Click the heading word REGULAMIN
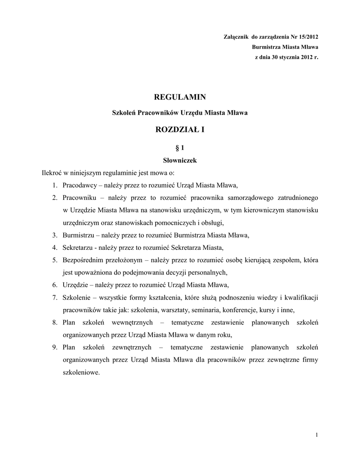pyautogui.click(x=180, y=97)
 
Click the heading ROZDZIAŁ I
pyautogui.click(x=180, y=130)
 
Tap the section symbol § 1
pyautogui.click(x=180, y=148)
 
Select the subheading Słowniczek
pyautogui.click(x=180, y=160)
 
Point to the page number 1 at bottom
pyautogui.click(x=316, y=435)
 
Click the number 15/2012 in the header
pyautogui.click(x=307, y=36)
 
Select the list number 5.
pyautogui.click(x=54, y=260)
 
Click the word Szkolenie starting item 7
pyautogui.click(x=76, y=298)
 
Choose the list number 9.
pyautogui.click(x=54, y=348)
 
